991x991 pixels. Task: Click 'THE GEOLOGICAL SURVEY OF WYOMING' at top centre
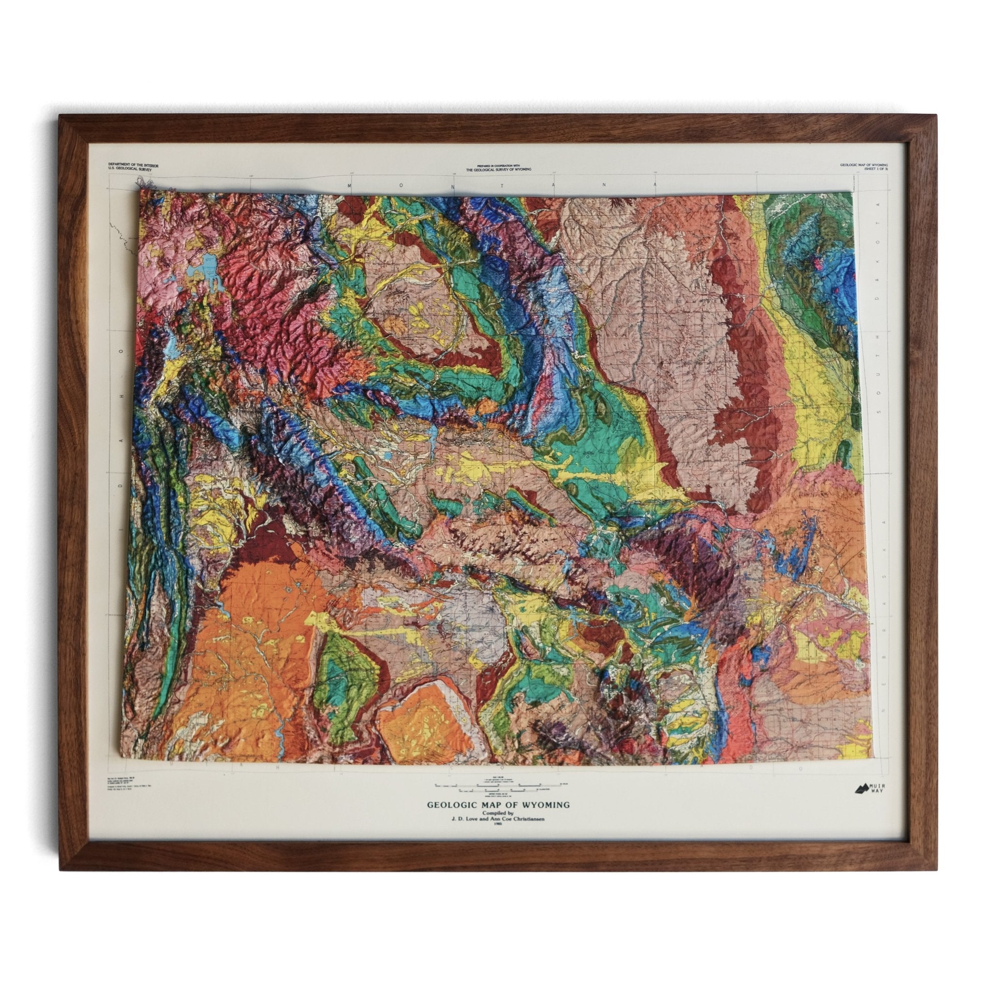pyautogui.click(x=498, y=170)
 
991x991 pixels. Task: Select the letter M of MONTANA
pyautogui.click(x=349, y=186)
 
